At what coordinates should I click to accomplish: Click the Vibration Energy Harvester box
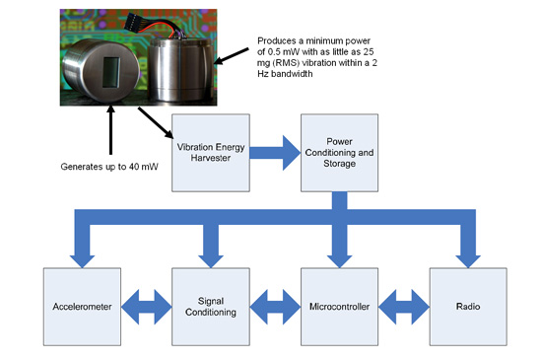(x=210, y=152)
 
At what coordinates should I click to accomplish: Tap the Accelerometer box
(x=82, y=306)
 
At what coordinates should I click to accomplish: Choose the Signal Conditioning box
(x=210, y=306)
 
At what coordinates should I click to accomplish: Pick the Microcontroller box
(x=338, y=306)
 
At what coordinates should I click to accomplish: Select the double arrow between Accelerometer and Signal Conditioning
(x=146, y=306)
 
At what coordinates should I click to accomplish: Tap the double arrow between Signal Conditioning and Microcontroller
(x=274, y=306)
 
